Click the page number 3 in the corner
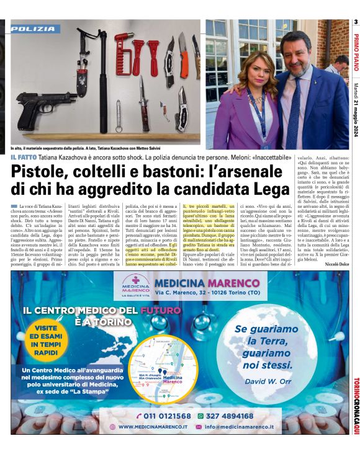(x=356, y=23)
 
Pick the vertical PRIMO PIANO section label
(x=356, y=53)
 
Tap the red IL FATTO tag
(x=22, y=158)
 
